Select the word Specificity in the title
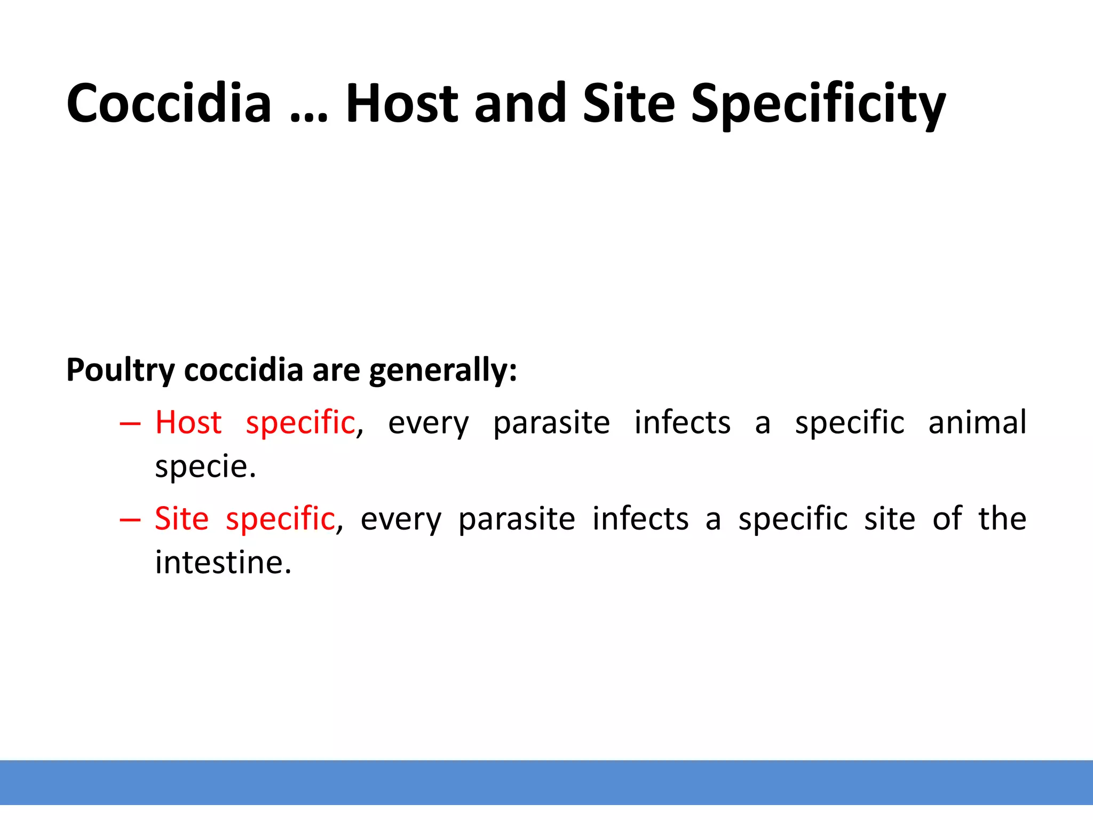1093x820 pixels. (818, 104)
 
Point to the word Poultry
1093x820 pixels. (121, 370)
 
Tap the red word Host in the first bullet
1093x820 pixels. (188, 422)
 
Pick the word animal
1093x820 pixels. (977, 422)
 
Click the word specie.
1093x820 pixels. (205, 467)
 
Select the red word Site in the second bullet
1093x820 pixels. (181, 518)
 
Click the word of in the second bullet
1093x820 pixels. (947, 518)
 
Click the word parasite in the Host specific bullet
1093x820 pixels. (551, 423)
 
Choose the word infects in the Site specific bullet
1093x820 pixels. (640, 518)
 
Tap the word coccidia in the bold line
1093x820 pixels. (243, 370)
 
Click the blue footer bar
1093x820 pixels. (546, 782)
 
